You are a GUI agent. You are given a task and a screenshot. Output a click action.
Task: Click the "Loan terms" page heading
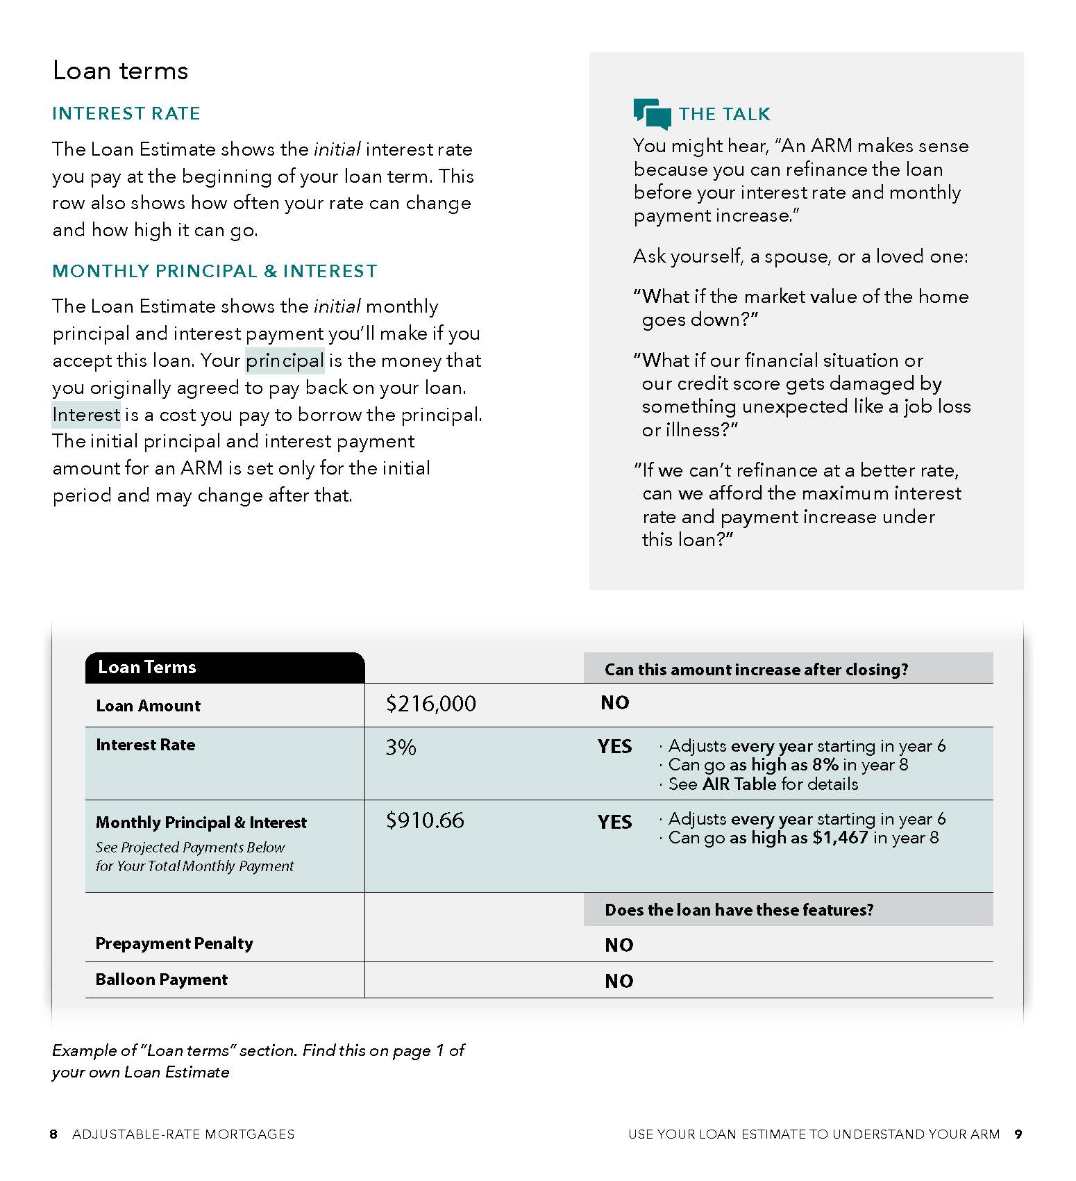tap(120, 71)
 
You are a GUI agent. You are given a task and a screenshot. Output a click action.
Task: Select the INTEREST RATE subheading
tap(126, 113)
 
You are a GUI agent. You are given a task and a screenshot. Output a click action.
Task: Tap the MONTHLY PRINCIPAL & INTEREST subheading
tap(215, 271)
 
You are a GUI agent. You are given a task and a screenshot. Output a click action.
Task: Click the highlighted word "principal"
tap(285, 361)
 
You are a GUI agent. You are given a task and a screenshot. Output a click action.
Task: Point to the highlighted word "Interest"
tap(86, 415)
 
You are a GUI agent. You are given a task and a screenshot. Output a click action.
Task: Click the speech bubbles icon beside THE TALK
tap(652, 114)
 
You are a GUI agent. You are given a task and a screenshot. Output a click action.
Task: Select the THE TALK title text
tap(724, 114)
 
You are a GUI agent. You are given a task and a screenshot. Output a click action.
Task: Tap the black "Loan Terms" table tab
tap(224, 668)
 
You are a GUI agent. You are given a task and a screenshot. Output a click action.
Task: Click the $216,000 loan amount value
tap(430, 704)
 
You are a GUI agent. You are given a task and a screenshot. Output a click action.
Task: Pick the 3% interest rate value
tap(401, 748)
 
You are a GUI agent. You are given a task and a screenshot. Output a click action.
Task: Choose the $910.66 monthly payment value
tap(425, 820)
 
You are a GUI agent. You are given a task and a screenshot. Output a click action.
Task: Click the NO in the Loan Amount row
tap(614, 703)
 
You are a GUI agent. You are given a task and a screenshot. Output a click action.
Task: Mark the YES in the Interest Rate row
tap(614, 747)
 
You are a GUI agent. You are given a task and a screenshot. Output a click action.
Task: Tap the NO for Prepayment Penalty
tap(619, 945)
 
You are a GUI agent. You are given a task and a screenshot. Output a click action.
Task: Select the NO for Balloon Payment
tap(619, 981)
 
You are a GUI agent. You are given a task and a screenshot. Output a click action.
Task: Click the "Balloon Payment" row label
tap(161, 980)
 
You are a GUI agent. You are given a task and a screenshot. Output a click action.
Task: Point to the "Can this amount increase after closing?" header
tap(756, 670)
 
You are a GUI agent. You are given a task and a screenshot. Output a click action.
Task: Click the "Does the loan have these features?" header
tap(739, 910)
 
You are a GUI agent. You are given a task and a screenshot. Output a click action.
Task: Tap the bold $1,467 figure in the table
tap(840, 838)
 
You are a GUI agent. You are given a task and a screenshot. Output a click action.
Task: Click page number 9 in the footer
tap(1018, 1134)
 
